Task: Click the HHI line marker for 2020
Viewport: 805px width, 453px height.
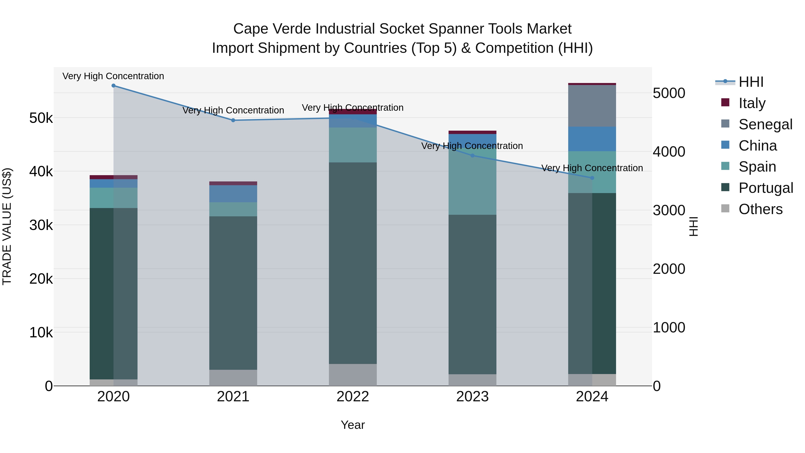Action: [x=113, y=86]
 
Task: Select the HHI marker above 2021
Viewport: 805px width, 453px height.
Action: [x=233, y=120]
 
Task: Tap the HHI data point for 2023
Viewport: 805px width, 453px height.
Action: [x=472, y=156]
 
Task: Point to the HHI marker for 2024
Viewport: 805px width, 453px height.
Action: [x=592, y=178]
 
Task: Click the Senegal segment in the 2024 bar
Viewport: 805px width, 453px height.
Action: [x=592, y=106]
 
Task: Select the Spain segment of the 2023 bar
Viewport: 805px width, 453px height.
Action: [x=472, y=185]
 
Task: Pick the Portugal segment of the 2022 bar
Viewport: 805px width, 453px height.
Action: [x=353, y=263]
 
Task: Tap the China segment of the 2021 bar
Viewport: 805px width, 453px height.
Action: [x=233, y=194]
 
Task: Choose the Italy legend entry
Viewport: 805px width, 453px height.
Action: [x=752, y=103]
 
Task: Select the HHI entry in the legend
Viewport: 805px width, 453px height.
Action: [x=751, y=82]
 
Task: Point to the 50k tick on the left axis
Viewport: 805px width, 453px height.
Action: [x=41, y=118]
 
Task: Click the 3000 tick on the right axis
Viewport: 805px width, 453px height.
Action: [x=669, y=211]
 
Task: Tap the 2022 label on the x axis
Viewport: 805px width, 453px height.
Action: [x=353, y=397]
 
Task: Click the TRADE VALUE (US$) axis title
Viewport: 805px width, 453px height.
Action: [x=7, y=227]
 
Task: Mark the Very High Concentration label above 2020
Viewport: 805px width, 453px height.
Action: [x=113, y=76]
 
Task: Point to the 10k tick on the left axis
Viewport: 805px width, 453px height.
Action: [x=41, y=333]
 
